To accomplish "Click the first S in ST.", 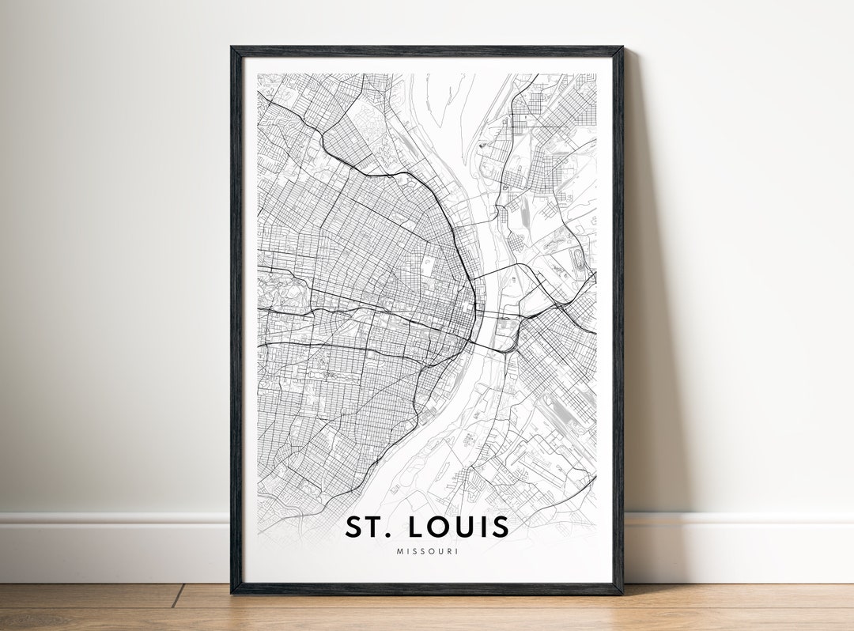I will pyautogui.click(x=353, y=527).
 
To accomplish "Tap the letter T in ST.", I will pyautogui.click(x=373, y=527).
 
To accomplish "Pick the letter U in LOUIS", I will pyautogui.click(x=463, y=527).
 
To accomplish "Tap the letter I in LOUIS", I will pyautogui.click(x=482, y=527).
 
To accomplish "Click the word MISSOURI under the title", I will pyautogui.click(x=427, y=551).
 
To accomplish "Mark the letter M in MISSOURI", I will pyautogui.click(x=400, y=551).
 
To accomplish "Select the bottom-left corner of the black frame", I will pyautogui.click(x=232, y=591).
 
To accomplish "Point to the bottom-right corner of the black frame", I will pyautogui.click(x=622, y=591).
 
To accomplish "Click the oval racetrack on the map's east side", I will pyautogui.click(x=584, y=259).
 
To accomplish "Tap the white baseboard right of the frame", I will pyautogui.click(x=735, y=546).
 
